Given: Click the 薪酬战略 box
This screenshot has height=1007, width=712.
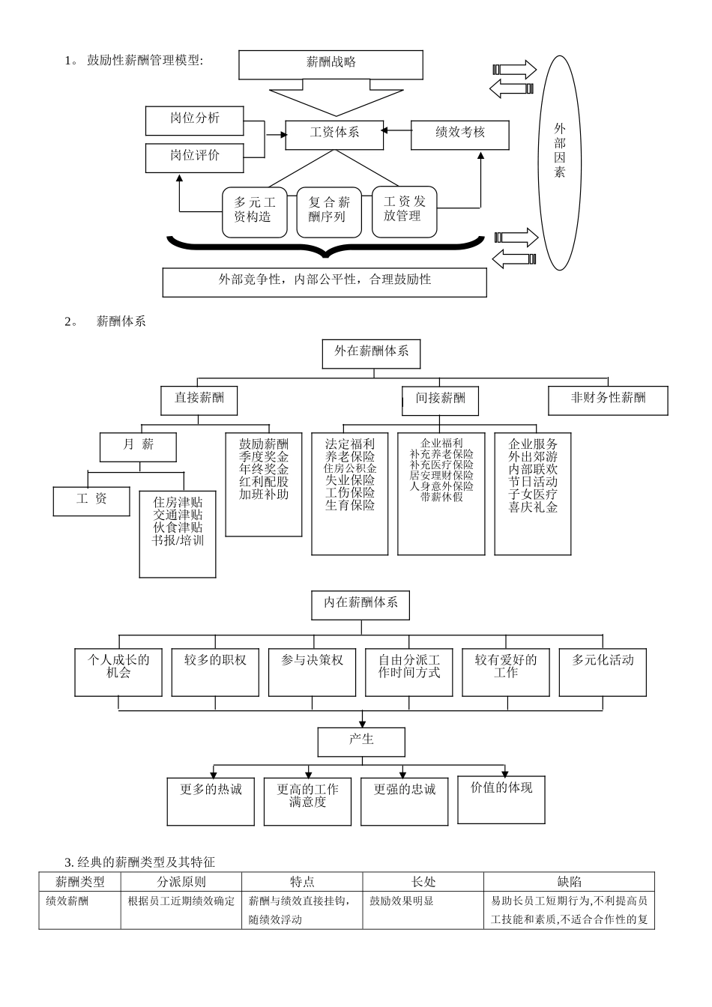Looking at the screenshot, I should tap(331, 64).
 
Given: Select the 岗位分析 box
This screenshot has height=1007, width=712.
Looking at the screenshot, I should tap(194, 120).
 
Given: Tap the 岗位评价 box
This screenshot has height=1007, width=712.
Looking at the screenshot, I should tap(194, 157).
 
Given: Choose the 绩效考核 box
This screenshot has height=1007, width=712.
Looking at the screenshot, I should tap(459, 134).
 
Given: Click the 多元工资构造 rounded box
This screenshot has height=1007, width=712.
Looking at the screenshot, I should tap(255, 211).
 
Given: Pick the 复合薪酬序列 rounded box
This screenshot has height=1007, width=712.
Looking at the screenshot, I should tap(329, 211).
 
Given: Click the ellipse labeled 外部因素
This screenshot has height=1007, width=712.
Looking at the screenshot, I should tap(560, 162).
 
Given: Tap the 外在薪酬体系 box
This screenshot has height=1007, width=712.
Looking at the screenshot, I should tap(371, 353).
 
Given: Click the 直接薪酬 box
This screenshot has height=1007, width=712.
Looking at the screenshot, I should tap(199, 399).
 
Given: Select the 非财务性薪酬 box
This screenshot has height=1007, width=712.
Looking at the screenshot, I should tap(608, 399).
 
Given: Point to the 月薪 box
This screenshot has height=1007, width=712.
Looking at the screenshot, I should tap(138, 447).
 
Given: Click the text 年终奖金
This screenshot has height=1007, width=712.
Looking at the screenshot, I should tap(264, 469).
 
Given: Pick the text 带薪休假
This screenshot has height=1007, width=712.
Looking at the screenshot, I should tap(441, 496).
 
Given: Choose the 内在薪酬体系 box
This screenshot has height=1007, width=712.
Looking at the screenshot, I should tap(360, 605).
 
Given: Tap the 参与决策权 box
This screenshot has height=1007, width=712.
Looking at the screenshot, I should tap(312, 671).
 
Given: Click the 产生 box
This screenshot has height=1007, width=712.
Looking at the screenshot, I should tap(361, 742).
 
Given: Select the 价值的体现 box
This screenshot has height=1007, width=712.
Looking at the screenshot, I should tap(501, 799).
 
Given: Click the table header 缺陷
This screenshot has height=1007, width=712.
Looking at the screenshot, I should tap(569, 882).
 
